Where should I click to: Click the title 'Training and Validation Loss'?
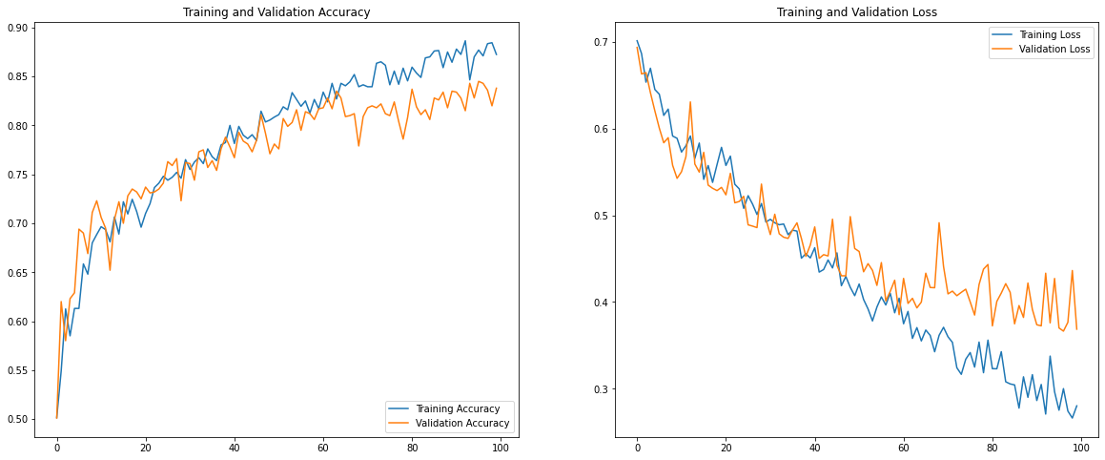pos(856,11)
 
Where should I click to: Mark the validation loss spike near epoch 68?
pos(939,222)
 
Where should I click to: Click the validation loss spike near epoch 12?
pos(690,101)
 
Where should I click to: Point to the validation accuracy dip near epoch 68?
pos(358,145)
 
